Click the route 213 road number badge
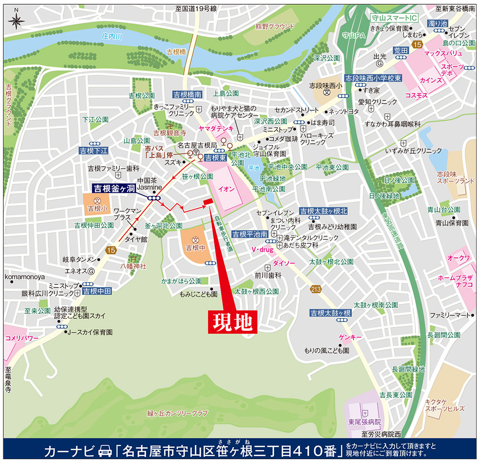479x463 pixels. pos(315,289)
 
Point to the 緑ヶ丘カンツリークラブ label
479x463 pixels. pos(178,413)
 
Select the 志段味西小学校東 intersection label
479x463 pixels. pos(373,78)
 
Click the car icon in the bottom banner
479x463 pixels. pos(104,451)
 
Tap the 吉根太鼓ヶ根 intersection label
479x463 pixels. pos(331,313)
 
